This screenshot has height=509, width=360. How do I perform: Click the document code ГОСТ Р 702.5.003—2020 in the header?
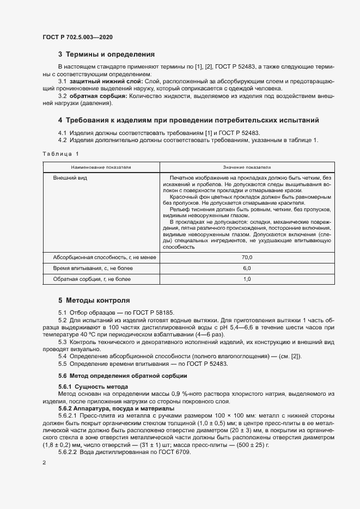pyautogui.click(x=78, y=37)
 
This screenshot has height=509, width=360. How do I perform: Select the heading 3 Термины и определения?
pyautogui.click(x=106, y=54)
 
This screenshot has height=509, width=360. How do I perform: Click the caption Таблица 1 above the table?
pyautogui.click(x=60, y=154)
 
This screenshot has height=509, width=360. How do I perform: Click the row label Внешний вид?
pyautogui.click(x=69, y=178)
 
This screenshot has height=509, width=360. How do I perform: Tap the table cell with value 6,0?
pyautogui.click(x=247, y=268)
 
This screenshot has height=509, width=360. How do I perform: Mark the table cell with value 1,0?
pyautogui.click(x=247, y=279)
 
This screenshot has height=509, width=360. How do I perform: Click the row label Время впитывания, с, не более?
pyautogui.click(x=88, y=268)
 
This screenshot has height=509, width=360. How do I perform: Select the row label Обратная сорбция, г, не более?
pyautogui.click(x=91, y=279)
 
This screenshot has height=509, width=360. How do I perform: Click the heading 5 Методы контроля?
pyautogui.click(x=94, y=300)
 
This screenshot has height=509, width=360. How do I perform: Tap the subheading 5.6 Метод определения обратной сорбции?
pyautogui.click(x=123, y=376)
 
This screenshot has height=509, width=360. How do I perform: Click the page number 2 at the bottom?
pyautogui.click(x=44, y=463)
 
